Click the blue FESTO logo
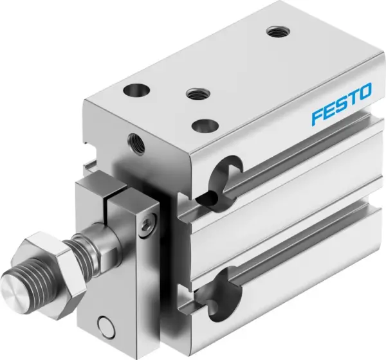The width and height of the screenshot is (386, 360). coord(341,107)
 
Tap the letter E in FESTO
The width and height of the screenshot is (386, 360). coord(328,113)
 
